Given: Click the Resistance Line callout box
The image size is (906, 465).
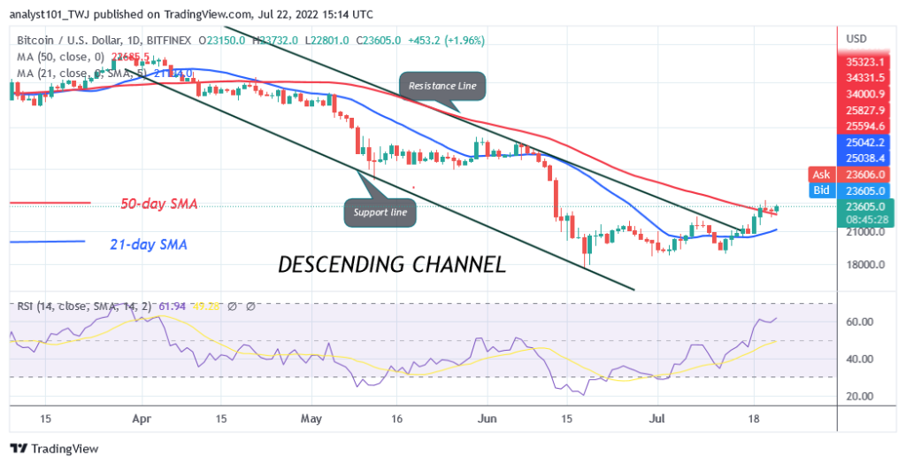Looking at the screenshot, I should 442,86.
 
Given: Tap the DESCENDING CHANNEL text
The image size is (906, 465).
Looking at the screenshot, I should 392,264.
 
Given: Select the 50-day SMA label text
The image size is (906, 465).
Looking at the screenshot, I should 159,204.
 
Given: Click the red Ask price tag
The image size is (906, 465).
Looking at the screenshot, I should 821,174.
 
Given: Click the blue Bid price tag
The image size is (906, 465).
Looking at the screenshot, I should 821,190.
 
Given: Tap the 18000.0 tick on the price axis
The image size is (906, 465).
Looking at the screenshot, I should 866,265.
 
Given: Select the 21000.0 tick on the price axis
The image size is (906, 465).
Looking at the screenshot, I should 866,232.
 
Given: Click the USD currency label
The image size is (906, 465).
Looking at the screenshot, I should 856,39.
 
